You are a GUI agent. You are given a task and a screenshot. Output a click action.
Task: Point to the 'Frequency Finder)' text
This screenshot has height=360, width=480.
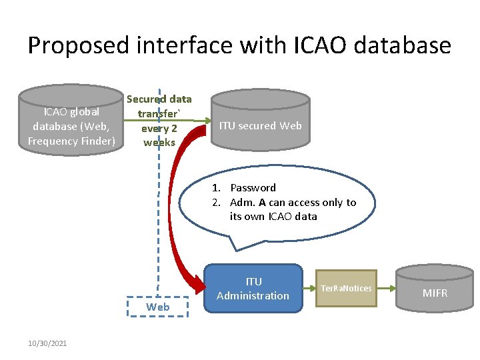71,141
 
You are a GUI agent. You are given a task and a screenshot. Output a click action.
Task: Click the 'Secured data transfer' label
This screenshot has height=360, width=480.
159,106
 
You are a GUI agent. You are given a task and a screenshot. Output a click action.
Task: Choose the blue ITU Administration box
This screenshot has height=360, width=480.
253,289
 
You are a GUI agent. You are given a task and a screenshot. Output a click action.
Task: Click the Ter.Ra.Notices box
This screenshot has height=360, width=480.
346,288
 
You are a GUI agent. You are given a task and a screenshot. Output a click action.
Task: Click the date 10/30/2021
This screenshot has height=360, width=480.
47,343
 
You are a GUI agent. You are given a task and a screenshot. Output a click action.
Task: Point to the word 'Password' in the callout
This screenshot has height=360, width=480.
253,188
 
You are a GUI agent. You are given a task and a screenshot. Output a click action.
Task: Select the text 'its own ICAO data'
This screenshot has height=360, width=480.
273,217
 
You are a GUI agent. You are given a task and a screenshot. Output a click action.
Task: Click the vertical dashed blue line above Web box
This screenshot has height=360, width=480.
159,233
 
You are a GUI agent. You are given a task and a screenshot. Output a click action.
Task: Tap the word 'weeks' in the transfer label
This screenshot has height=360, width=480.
159,142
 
